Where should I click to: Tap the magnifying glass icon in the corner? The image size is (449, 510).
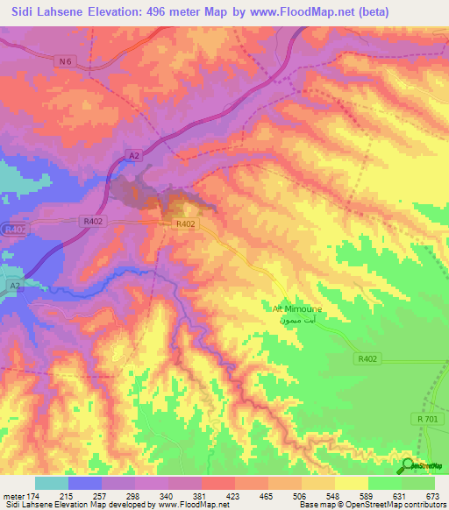point(409,466)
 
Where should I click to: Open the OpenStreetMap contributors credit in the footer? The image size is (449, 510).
point(392,505)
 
